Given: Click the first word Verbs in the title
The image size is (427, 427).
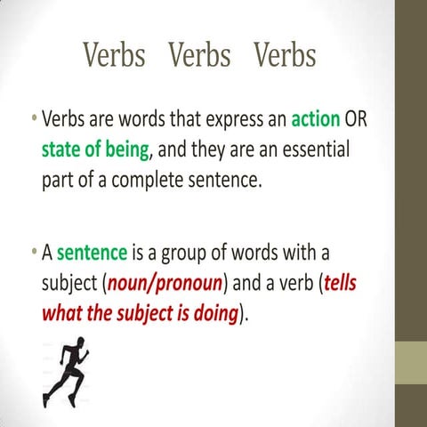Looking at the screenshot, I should pyautogui.click(x=114, y=56).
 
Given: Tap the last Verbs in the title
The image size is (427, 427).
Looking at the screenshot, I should pyautogui.click(x=285, y=56).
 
